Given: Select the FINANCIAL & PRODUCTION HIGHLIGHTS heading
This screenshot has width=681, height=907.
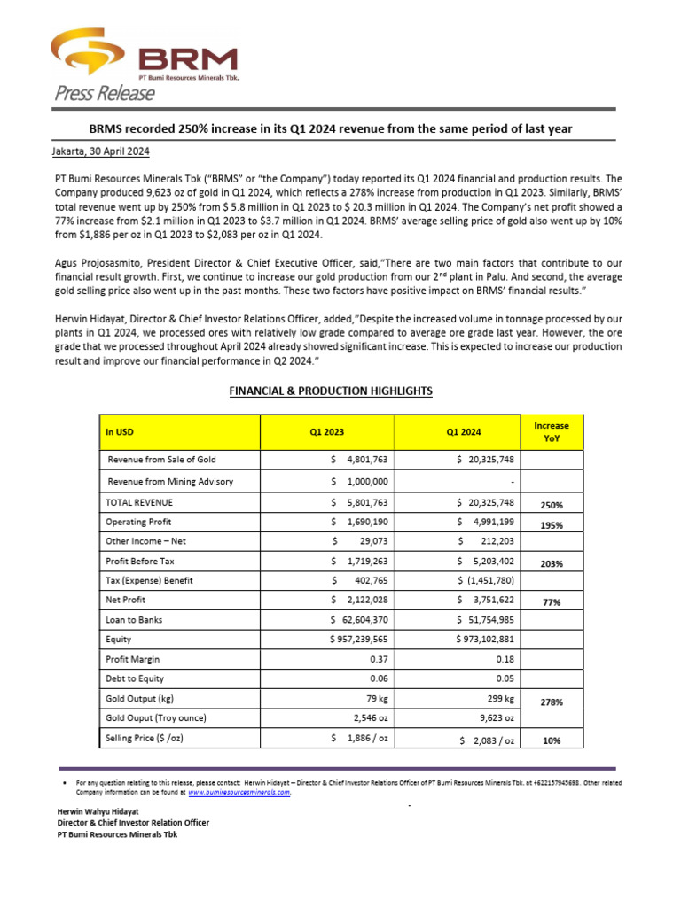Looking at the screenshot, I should click(x=331, y=391).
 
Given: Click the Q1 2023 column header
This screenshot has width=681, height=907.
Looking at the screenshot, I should click(x=326, y=432).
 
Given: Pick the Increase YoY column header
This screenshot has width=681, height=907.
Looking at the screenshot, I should click(x=552, y=432).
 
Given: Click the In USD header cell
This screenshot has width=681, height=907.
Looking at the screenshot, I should click(x=120, y=432).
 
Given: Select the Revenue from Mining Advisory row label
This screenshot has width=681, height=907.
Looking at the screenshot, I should click(x=170, y=481).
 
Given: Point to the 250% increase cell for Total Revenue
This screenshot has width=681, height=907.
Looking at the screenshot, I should click(x=552, y=505).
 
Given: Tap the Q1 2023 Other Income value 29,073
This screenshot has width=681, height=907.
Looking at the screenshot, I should click(x=359, y=540).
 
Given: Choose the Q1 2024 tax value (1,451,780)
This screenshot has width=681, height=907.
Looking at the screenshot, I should click(x=486, y=580).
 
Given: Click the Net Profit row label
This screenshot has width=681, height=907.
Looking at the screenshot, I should click(x=125, y=601).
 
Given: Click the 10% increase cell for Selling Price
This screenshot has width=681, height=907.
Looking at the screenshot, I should click(x=552, y=740).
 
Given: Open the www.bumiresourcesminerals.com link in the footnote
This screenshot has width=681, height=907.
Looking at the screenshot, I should click(x=239, y=793).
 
